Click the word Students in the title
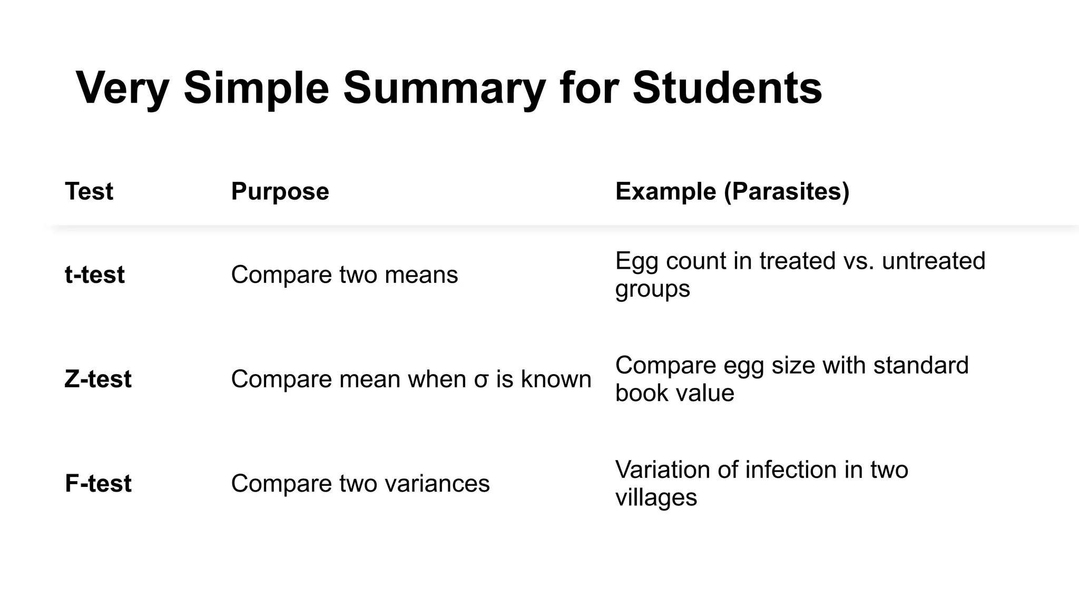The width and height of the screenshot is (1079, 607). [727, 87]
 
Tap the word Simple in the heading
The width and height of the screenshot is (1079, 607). [256, 87]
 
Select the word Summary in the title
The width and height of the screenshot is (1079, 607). [444, 87]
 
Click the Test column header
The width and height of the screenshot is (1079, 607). [89, 191]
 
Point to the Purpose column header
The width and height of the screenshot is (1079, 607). [280, 191]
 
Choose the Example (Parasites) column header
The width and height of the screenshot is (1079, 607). [732, 191]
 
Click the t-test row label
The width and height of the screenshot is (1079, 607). [95, 275]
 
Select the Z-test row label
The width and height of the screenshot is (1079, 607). [98, 379]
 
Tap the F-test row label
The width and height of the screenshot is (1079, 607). [98, 483]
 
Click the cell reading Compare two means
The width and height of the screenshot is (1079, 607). [345, 275]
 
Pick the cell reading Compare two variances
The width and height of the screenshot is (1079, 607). [360, 483]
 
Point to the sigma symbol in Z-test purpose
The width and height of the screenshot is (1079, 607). [480, 380]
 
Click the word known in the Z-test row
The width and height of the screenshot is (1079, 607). [556, 379]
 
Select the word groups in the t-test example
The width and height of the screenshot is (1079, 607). [652, 289]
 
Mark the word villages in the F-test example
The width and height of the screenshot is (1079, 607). [656, 497]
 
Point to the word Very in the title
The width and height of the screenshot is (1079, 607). [122, 87]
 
